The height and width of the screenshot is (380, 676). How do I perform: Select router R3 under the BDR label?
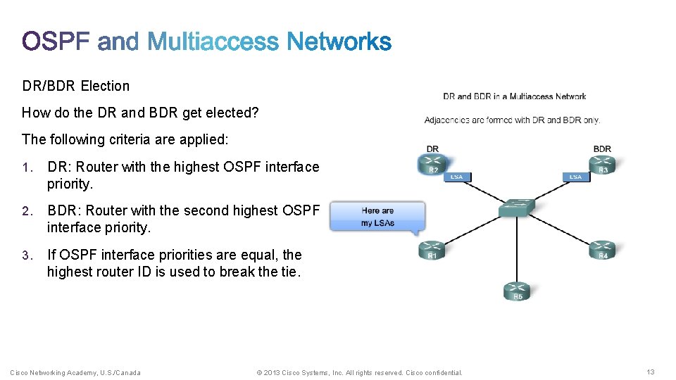click(602, 165)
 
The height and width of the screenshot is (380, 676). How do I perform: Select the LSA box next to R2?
click(456, 177)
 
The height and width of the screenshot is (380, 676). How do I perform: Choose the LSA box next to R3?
click(575, 177)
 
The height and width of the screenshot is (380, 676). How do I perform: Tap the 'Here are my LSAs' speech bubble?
click(377, 216)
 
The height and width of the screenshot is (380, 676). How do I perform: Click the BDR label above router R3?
click(602, 148)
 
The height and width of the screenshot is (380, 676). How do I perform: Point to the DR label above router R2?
click(432, 148)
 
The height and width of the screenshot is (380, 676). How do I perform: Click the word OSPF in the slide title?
click(56, 42)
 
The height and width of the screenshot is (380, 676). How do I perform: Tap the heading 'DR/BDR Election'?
click(76, 86)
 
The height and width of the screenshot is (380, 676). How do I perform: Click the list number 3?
click(26, 255)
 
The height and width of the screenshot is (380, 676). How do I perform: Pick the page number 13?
click(650, 372)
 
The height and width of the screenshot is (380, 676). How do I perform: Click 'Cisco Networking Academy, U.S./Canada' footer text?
click(75, 372)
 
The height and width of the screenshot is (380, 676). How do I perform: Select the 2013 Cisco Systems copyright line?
click(359, 372)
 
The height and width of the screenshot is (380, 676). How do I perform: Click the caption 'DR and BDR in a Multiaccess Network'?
click(514, 96)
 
